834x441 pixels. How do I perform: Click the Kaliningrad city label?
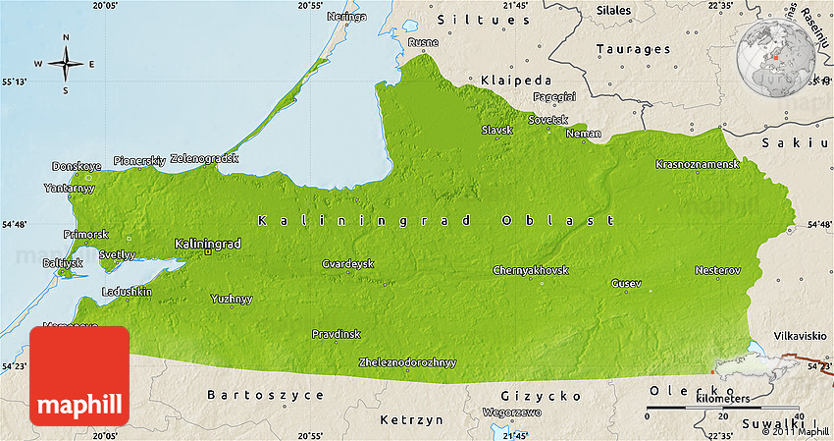pos(207,243)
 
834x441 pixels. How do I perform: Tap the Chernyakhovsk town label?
pos(530,270)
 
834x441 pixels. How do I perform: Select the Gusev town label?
pos(626,283)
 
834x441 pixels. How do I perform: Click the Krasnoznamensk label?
pos(697,164)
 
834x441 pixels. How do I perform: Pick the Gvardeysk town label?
pos(347,263)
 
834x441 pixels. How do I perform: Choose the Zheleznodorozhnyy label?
pos(407,362)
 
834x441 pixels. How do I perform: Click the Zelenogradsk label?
pos(204,158)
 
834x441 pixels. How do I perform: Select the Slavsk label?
pos(496,130)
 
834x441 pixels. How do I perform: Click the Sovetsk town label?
pos(547,119)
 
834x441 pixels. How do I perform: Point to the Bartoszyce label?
pos(252,395)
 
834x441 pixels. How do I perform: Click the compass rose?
pos(66,65)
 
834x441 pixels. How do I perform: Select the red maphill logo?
pos(79,375)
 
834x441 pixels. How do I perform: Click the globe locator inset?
pos(775,56)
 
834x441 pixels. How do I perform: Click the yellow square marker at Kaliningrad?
pos(207,252)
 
